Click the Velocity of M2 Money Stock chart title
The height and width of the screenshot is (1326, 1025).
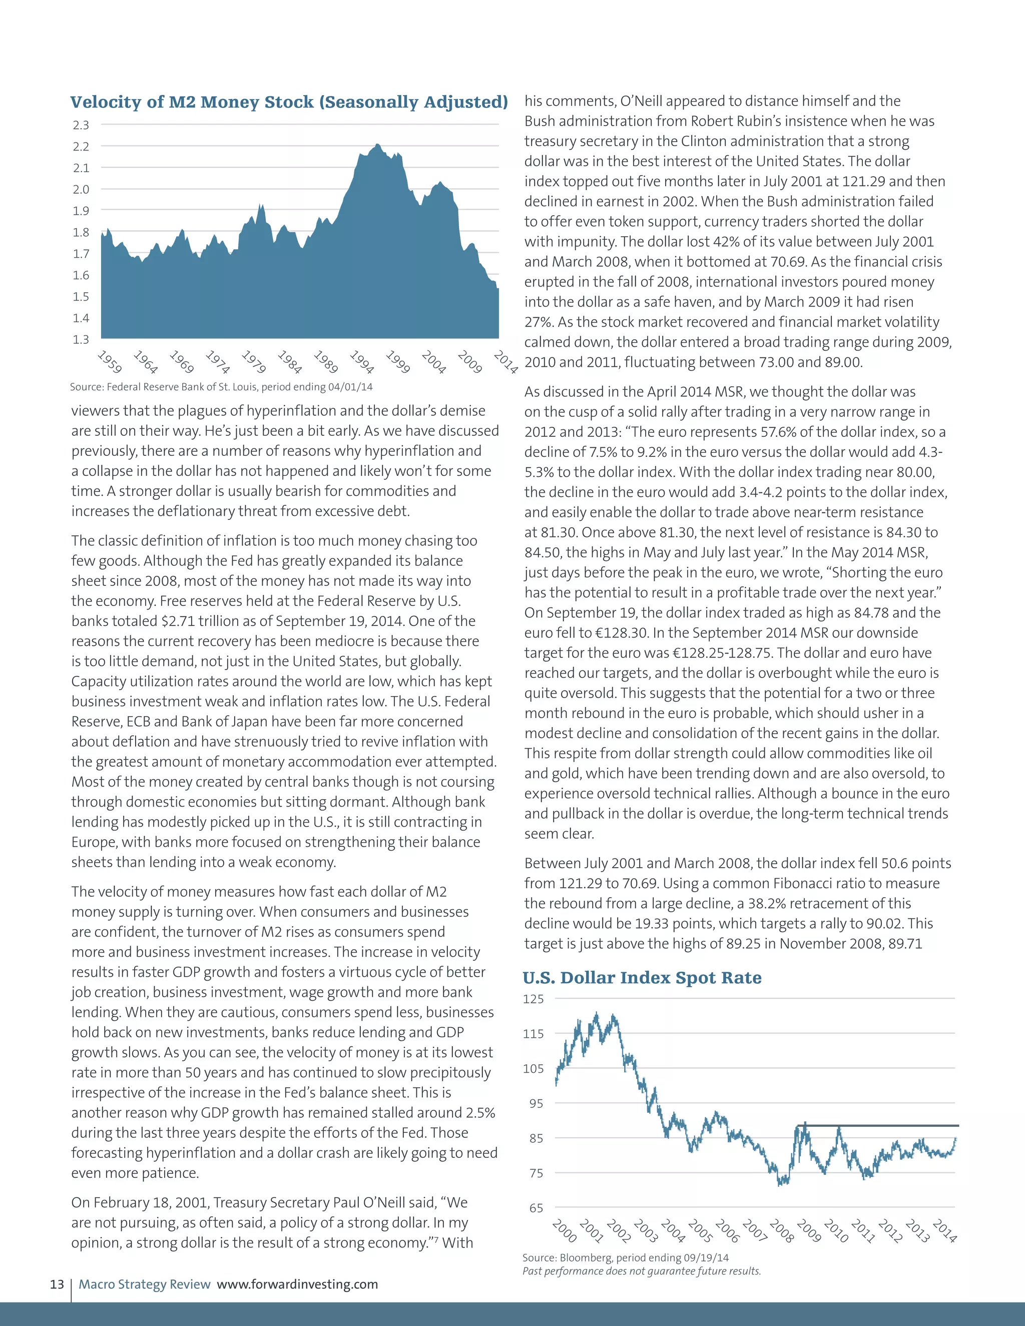(x=289, y=102)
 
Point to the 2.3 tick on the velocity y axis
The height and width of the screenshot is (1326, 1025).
(x=81, y=125)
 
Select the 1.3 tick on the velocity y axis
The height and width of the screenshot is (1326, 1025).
(x=81, y=339)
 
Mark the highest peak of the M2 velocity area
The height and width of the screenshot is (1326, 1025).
(x=377, y=145)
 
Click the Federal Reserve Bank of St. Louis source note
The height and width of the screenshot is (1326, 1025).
(x=221, y=387)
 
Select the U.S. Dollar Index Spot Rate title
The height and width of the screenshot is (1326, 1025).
(x=642, y=978)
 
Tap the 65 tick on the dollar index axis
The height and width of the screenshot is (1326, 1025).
(x=536, y=1208)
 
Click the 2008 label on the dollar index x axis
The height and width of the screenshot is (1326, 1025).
(x=781, y=1230)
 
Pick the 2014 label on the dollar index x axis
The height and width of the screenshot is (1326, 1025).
(x=944, y=1230)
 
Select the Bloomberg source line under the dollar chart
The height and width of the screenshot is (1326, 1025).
(x=626, y=1257)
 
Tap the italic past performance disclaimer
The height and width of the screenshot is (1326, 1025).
(x=641, y=1271)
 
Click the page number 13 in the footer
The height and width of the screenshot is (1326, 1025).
(x=57, y=1284)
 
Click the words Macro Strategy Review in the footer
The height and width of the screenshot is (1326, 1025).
(x=145, y=1284)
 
